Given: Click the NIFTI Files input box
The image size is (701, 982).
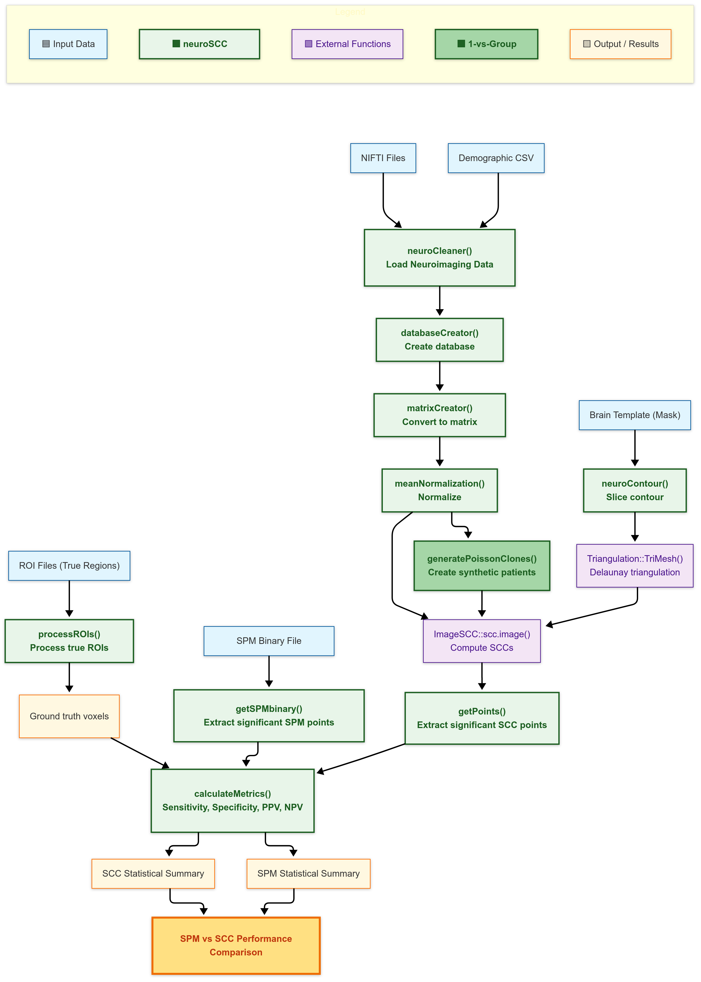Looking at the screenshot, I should click(383, 158).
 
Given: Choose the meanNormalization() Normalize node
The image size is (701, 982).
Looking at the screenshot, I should click(439, 490).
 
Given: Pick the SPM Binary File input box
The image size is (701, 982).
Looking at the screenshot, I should click(269, 641).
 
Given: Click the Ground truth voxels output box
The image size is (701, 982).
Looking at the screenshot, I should click(69, 716).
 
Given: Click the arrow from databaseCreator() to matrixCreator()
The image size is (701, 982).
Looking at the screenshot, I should click(439, 376).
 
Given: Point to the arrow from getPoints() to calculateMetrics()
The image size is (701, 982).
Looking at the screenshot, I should click(363, 758).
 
